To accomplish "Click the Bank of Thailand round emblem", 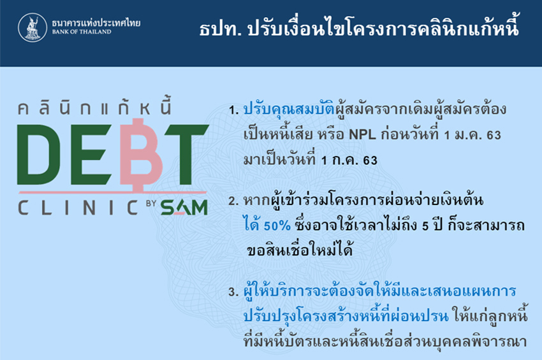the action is [x=33, y=27].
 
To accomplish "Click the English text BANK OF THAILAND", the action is [x=82, y=32].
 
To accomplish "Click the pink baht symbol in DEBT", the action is [x=142, y=155].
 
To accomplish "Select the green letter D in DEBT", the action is [x=39, y=155].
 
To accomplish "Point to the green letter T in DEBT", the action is [x=187, y=155].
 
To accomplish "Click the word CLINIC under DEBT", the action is [x=78, y=208].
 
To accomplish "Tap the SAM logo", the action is [x=184, y=208].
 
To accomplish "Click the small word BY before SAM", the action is [x=151, y=203].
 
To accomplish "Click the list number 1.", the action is [x=233, y=111].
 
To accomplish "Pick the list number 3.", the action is [x=233, y=292].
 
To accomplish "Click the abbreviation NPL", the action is [x=362, y=134].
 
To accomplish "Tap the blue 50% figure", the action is [x=277, y=226].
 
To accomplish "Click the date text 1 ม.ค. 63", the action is [x=472, y=134].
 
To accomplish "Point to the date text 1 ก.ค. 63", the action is [x=349, y=161].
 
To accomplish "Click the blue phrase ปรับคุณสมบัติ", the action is [x=289, y=109].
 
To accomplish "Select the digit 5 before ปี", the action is [x=425, y=226].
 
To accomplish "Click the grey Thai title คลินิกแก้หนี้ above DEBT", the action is [x=95, y=106].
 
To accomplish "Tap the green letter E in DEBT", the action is [x=91, y=155].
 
